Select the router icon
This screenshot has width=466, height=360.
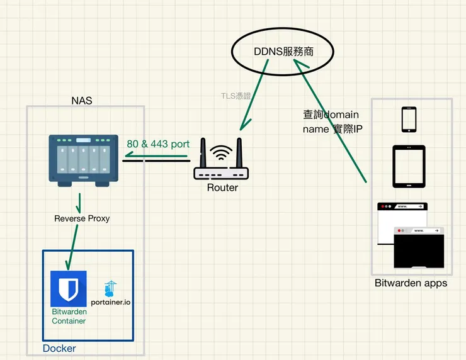(220, 163)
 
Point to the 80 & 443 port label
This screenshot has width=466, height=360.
(158, 144)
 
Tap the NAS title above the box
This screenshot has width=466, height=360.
(83, 100)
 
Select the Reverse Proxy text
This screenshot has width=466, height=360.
(82, 218)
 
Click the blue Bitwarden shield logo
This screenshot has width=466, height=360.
(68, 288)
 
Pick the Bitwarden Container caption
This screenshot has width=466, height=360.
(69, 316)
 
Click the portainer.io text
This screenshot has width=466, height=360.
(114, 303)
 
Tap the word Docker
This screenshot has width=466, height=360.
(59, 348)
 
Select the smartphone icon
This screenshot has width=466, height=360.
(409, 120)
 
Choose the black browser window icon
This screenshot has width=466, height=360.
(419, 248)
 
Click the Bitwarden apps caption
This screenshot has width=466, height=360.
(411, 283)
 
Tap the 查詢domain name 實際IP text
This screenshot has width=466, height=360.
(332, 121)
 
